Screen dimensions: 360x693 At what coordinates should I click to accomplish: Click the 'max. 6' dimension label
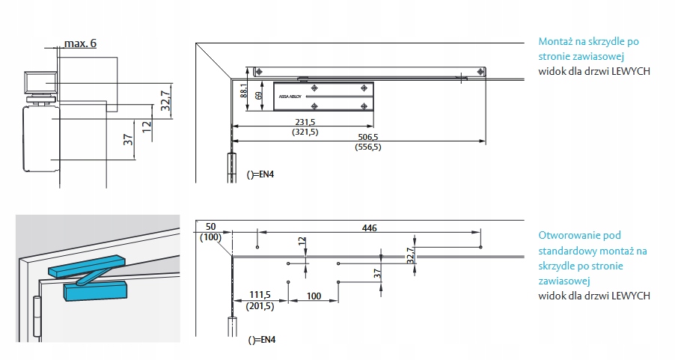80,43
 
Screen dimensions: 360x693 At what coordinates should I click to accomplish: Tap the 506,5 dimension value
367,137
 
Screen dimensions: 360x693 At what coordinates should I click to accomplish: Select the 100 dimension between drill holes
314,296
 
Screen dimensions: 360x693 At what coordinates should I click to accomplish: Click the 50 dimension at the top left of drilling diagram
210,227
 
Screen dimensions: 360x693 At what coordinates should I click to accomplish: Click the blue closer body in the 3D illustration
98,290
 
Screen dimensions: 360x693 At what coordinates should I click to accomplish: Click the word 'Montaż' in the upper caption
557,42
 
